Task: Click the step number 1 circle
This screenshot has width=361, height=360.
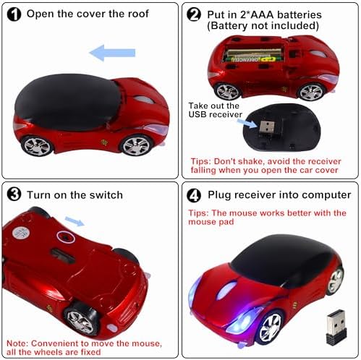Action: [14, 14]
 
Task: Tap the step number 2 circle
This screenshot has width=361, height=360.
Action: [194, 14]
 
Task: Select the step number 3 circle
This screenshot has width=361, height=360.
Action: [14, 194]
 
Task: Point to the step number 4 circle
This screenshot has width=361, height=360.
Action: [194, 195]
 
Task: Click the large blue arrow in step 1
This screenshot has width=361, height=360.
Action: [112, 53]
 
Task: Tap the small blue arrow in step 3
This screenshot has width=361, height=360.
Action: [75, 221]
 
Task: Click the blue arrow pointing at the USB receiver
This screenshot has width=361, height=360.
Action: [247, 123]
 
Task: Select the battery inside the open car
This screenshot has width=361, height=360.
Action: [252, 55]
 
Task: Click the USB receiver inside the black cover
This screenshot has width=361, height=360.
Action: [267, 127]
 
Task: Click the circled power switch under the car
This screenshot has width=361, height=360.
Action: [66, 237]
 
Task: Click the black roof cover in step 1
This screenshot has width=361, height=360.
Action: [68, 102]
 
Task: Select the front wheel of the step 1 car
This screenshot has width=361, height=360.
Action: [137, 145]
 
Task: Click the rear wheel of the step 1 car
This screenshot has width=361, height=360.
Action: [37, 146]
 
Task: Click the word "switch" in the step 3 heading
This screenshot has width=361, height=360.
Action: [106, 194]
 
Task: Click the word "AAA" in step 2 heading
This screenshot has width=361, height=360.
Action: [263, 14]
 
